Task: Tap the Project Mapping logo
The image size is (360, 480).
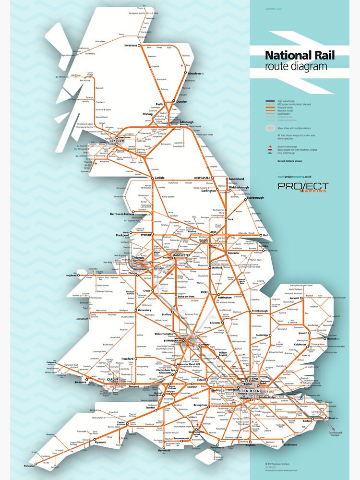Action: [303, 187]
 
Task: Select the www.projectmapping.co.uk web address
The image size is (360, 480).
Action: [294, 177]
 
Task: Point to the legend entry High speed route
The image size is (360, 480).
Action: [288, 101]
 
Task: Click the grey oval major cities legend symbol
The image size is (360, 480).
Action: [270, 129]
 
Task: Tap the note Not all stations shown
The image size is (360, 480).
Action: [290, 161]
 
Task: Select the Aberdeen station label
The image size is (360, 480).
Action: [194, 73]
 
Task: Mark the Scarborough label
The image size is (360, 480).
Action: [255, 198]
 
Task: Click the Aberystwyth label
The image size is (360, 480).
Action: [80, 318]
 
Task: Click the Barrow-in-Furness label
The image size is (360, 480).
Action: [121, 214]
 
